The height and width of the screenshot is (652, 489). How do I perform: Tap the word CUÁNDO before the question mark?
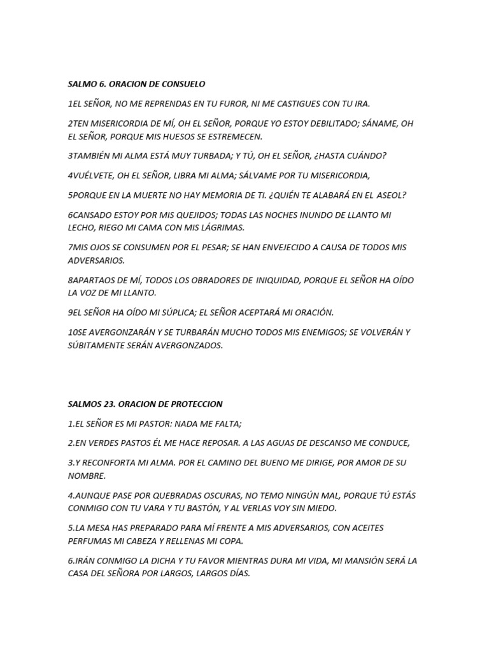click(x=364, y=155)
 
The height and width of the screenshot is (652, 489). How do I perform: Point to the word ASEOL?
click(x=390, y=195)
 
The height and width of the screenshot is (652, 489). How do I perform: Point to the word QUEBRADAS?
click(x=168, y=495)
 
